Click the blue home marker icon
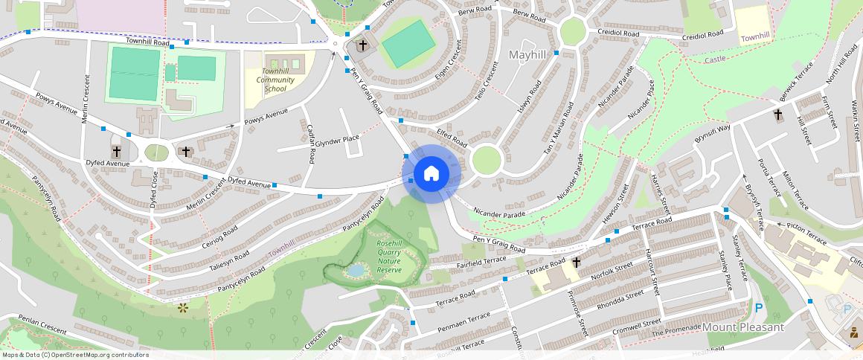click(431, 174)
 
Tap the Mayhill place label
click(527, 55)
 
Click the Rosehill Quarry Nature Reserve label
click(389, 257)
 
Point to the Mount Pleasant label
click(743, 327)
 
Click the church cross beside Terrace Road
click(576, 263)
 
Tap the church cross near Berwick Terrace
click(778, 115)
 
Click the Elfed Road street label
click(452, 138)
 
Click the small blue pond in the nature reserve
click(356, 270)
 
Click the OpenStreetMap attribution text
click(75, 355)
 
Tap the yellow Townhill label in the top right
click(755, 36)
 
